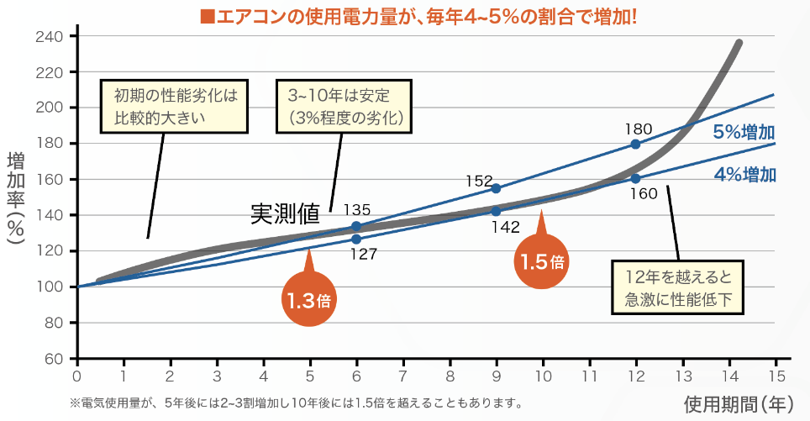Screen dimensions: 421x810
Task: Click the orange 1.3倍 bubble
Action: point(310,300)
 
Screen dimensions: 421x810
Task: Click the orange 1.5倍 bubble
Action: point(541,261)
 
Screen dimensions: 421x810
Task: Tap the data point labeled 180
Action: point(635,145)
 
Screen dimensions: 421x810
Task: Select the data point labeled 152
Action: point(496,188)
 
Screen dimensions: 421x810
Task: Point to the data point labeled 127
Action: point(356,239)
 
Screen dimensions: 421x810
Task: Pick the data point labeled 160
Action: point(635,178)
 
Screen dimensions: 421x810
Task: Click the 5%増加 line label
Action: point(744,132)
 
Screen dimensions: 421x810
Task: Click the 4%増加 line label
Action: point(744,176)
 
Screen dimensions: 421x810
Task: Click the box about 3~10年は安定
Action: point(346,106)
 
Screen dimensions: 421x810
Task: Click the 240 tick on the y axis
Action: point(51,37)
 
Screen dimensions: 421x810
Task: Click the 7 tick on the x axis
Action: point(402,376)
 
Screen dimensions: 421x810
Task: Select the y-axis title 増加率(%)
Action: point(16,198)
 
